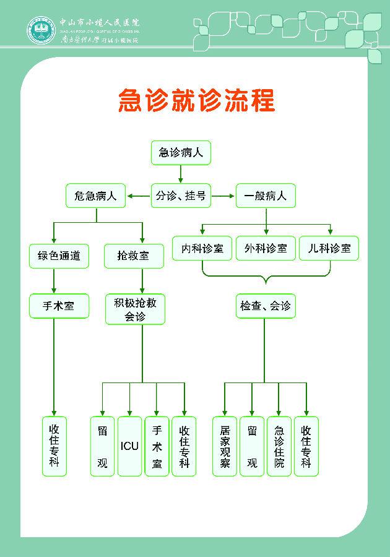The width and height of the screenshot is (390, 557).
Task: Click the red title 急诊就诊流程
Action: pos(197,100)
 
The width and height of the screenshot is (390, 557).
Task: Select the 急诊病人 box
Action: pos(181,152)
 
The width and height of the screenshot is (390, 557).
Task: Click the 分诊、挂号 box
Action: pos(181,196)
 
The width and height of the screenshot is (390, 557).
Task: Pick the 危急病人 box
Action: pos(96,196)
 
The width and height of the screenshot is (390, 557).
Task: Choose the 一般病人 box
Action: pos(266,196)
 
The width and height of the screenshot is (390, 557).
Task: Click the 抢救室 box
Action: pos(134,255)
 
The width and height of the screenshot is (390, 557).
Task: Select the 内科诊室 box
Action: pos(202,248)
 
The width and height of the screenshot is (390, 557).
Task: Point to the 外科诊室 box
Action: pos(266,248)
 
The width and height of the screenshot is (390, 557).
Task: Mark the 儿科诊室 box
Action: pos(329,248)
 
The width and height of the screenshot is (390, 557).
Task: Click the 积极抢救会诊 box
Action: pos(135,309)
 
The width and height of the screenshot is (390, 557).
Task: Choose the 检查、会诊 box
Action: pos(265,306)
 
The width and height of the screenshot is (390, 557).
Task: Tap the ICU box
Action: pos(130,446)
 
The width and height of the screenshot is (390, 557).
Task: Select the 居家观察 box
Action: pos(225,446)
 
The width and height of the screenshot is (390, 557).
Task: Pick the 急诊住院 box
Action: pos(279,446)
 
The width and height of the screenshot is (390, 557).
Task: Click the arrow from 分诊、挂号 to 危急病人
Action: pos(139,197)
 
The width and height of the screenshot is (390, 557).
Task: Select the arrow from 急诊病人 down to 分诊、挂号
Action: pos(181,174)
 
